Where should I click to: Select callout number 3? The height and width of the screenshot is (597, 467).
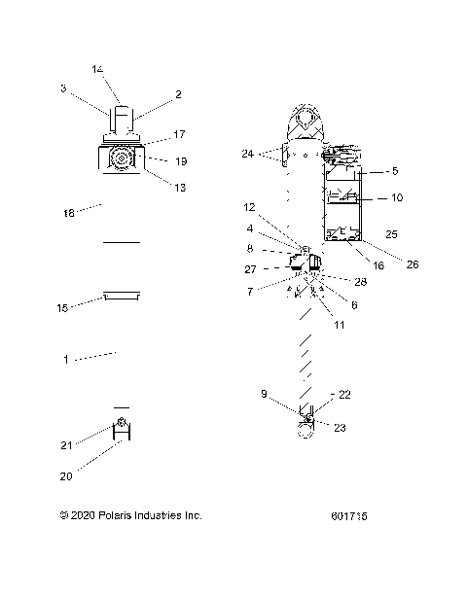coord(63,89)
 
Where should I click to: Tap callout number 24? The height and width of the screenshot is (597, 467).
coord(248,154)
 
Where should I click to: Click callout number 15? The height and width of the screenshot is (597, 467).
coord(63,308)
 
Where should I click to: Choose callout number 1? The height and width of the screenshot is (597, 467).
coord(66,360)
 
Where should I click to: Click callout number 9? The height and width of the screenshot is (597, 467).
coord(263,394)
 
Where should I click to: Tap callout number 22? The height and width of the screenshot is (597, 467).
coord(344,395)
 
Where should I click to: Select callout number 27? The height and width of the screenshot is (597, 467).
coord(250,269)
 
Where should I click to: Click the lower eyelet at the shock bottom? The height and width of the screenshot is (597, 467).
coord(305,431)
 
